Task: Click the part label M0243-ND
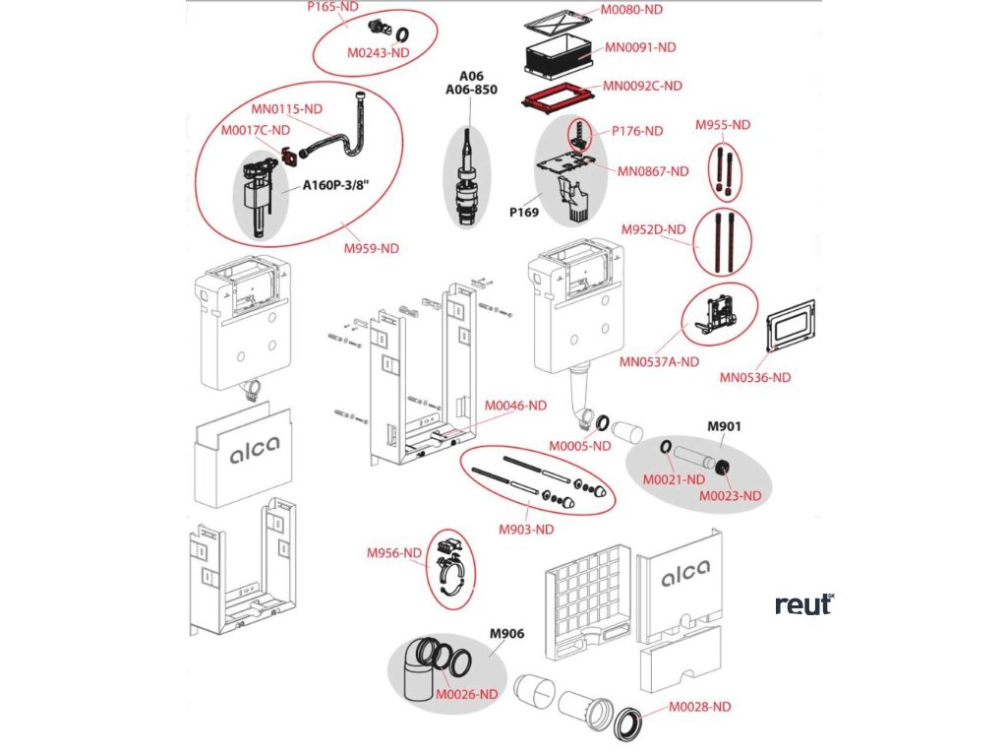[379, 52]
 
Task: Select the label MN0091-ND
[639, 46]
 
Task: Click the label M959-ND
[372, 248]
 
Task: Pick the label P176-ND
[637, 130]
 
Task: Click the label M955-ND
[723, 125]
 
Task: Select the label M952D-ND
[653, 229]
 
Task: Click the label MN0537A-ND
[659, 361]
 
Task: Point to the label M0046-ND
[514, 405]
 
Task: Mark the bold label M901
[725, 426]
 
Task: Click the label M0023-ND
[731, 495]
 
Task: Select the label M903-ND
[526, 529]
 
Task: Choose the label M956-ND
[394, 553]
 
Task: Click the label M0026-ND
[467, 693]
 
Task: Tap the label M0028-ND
[700, 706]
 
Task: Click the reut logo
[803, 603]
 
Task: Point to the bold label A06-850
[472, 90]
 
